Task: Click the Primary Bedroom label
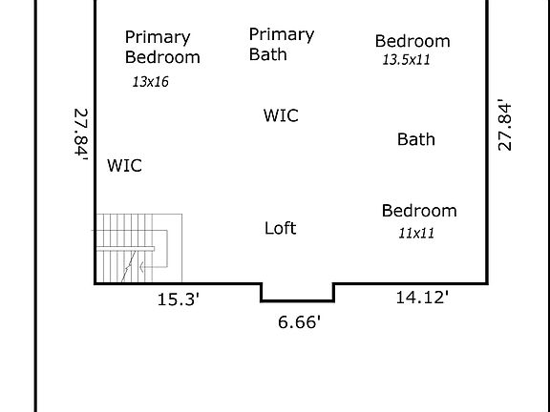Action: coord(162,48)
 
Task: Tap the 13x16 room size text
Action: coord(150,82)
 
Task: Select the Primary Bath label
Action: coord(281,44)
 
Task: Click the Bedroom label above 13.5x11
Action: coord(412,41)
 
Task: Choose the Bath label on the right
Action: coord(416,139)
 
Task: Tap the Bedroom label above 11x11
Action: coord(419,211)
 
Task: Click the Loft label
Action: coord(280,228)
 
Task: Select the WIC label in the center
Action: coord(281,116)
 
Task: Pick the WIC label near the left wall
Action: coord(124,166)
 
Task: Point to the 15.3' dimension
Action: coord(178,299)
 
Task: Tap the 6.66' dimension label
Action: coord(299,322)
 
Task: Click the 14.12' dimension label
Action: coord(422,298)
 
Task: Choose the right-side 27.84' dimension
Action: coord(506,123)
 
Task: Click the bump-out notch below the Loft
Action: coord(298,292)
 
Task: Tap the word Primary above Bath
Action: coord(281,34)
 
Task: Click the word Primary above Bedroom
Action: coord(158,37)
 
